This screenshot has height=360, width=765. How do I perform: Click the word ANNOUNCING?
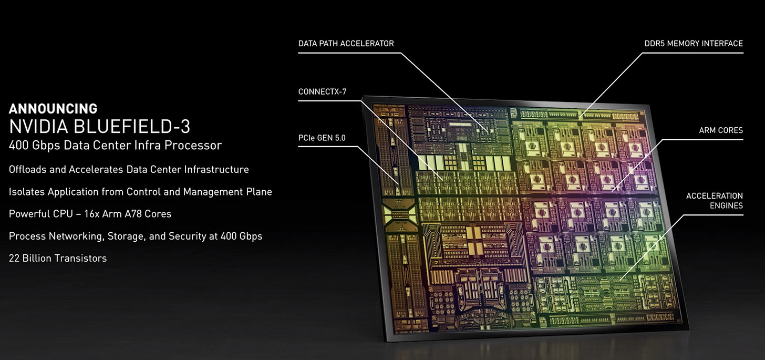pyautogui.click(x=53, y=109)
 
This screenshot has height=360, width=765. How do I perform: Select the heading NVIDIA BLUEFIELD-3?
pyautogui.click(x=100, y=127)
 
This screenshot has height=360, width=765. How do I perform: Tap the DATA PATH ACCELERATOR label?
pyautogui.click(x=346, y=44)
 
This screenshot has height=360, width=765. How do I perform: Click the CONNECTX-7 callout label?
pyautogui.click(x=322, y=92)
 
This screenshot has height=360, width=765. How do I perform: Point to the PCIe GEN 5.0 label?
pyautogui.click(x=322, y=138)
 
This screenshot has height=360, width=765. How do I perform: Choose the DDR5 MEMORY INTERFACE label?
pyautogui.click(x=694, y=44)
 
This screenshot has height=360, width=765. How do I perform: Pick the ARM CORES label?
pyautogui.click(x=721, y=130)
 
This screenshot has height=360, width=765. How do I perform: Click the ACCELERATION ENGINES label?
pyautogui.click(x=715, y=201)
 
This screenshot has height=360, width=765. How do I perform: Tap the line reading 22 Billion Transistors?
pyautogui.click(x=58, y=258)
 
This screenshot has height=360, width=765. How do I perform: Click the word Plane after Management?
pyautogui.click(x=259, y=192)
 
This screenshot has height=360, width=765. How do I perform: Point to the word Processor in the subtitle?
pyautogui.click(x=193, y=145)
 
